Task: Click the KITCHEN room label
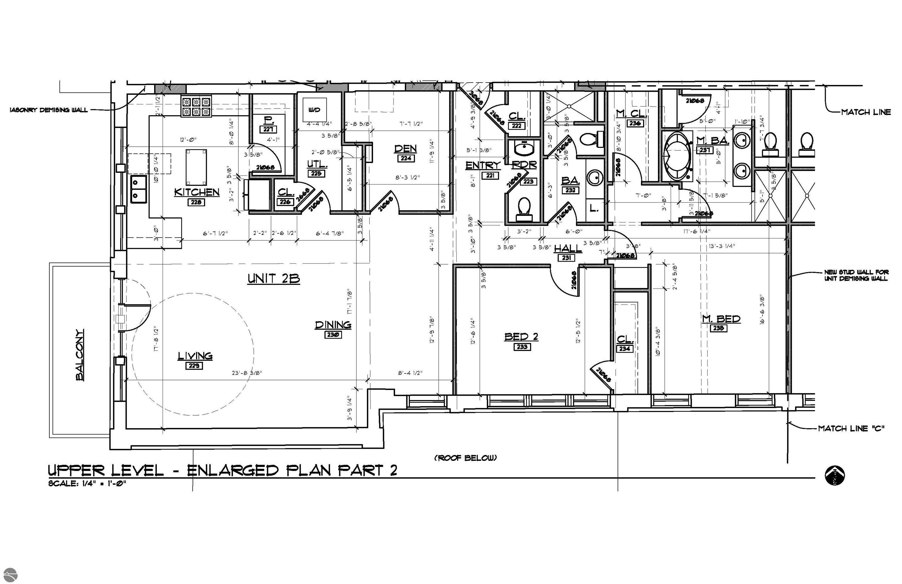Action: point(197,192)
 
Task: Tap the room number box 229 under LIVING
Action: point(194,366)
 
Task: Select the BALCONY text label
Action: point(80,354)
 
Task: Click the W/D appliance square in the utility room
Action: point(314,110)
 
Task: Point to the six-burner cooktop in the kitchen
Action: point(196,107)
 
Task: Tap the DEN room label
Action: point(405,148)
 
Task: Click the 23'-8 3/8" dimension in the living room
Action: point(247,373)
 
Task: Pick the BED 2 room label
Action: point(521,336)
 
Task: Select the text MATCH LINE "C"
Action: point(851,429)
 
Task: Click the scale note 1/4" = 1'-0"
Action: point(87,483)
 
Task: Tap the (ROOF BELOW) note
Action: point(465,458)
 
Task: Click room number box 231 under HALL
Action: point(566,257)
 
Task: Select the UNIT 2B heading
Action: point(274,279)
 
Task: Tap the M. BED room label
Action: point(721,319)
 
